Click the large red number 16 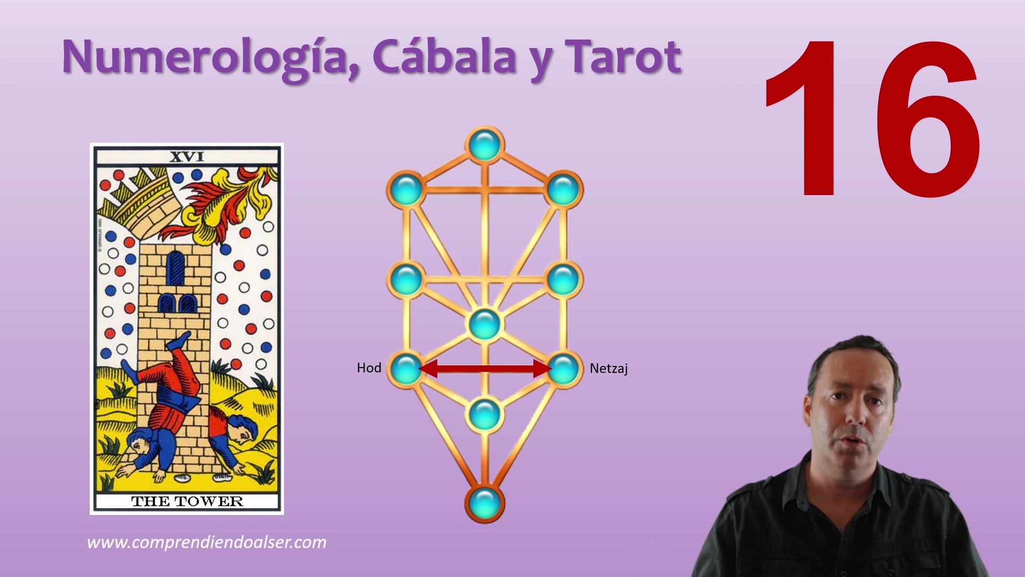[872, 119]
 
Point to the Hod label [369, 368]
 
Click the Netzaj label [609, 369]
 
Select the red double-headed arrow [485, 368]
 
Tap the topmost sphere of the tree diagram [485, 144]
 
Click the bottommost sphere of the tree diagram [485, 503]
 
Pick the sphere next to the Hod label [406, 368]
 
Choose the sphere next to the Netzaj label [563, 368]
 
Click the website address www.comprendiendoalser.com [207, 543]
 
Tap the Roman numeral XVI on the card [187, 157]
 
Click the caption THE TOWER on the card [187, 501]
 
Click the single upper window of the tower [176, 268]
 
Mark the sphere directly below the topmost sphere [485, 324]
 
